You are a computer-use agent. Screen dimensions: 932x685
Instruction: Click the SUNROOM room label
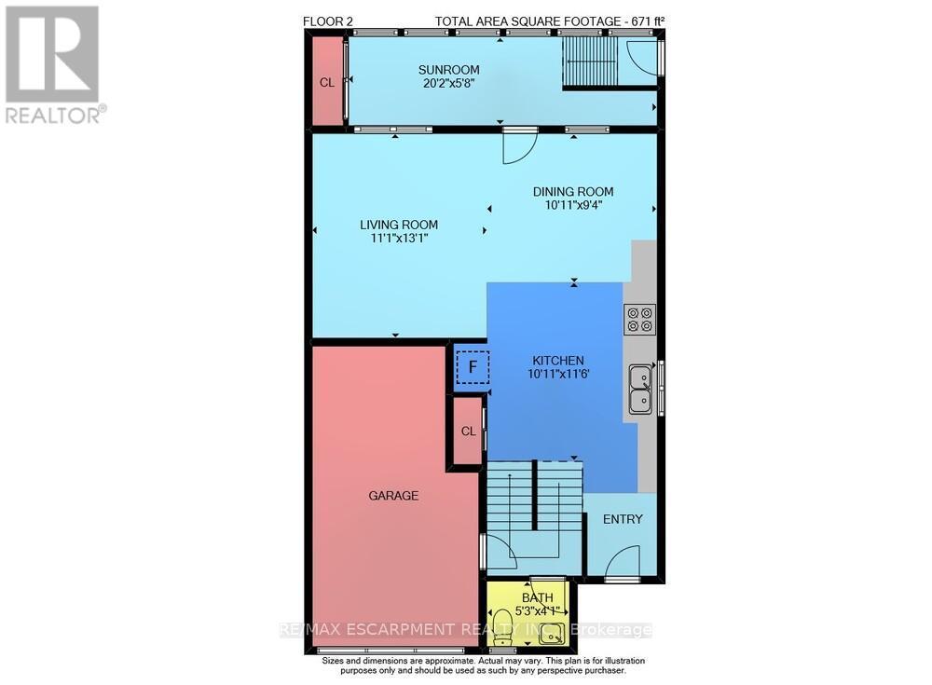(x=448, y=70)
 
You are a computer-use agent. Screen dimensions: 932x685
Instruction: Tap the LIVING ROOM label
(x=399, y=225)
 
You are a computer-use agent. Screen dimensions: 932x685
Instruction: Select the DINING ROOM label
(x=573, y=191)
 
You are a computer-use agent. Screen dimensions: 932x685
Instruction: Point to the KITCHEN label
(x=557, y=361)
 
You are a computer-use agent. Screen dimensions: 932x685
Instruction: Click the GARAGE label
(x=393, y=495)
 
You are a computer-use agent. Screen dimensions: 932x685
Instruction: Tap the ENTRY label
(x=623, y=519)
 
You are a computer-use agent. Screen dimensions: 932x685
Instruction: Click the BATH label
(x=538, y=597)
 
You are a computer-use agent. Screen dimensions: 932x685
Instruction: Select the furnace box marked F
(x=473, y=367)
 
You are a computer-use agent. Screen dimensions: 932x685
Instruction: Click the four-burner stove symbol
(x=639, y=319)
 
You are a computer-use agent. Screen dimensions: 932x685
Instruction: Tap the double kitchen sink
(x=641, y=390)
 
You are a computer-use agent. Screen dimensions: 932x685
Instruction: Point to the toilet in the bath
(x=503, y=627)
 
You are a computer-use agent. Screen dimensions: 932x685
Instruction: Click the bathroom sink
(x=551, y=634)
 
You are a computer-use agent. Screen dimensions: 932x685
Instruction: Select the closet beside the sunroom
(x=327, y=82)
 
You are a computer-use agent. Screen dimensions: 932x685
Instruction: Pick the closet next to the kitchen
(x=469, y=432)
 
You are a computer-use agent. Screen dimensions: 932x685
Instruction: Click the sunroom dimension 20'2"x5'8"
(x=448, y=83)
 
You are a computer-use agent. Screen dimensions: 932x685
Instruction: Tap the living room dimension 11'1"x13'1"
(x=399, y=239)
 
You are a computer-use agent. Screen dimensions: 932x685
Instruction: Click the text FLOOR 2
(x=327, y=21)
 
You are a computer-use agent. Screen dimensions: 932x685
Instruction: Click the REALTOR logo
(x=56, y=64)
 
